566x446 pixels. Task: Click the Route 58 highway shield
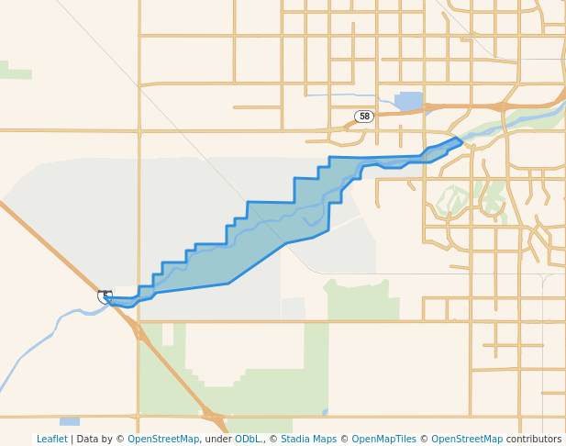pos(364,117)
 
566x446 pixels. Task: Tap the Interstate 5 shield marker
pos(105,296)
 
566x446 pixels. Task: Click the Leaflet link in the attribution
pos(51,440)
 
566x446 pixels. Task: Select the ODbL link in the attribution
pos(248,440)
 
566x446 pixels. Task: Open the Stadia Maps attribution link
pos(308,440)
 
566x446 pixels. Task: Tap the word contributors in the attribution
pos(534,440)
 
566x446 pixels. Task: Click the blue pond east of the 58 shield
pos(409,100)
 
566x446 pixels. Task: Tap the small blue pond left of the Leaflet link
pos(70,422)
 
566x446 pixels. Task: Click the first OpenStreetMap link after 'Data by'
pos(163,440)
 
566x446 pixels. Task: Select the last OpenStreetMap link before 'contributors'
pos(467,440)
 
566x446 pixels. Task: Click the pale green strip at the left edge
pos(16,72)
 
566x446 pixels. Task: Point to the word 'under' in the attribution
pos(217,440)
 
